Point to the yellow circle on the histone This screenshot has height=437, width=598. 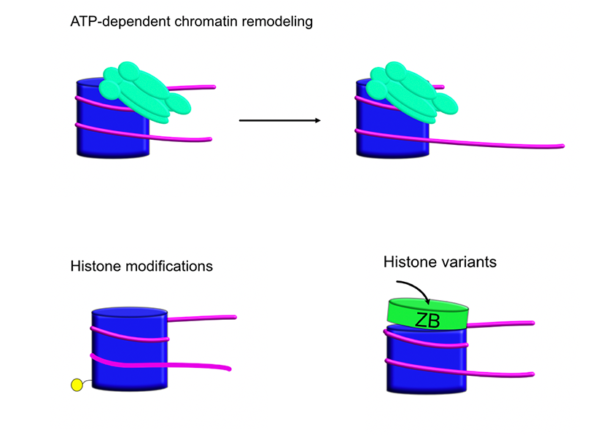pyautogui.click(x=75, y=385)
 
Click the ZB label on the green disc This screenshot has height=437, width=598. pyautogui.click(x=427, y=319)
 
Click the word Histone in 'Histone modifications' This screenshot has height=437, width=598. pyautogui.click(x=94, y=266)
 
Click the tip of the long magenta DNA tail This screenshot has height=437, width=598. pyautogui.click(x=562, y=146)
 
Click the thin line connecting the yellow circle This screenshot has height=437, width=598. pyautogui.click(x=87, y=381)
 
